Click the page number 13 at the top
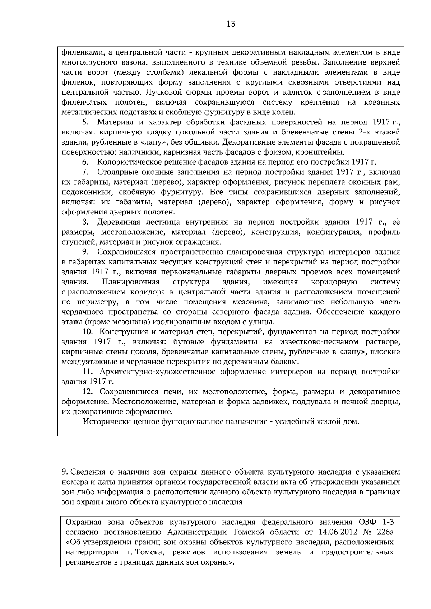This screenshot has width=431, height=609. pos(231,24)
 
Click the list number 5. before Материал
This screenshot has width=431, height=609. pos(85,122)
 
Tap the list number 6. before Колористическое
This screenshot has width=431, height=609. pos(85,162)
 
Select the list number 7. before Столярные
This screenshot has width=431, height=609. pos(85,172)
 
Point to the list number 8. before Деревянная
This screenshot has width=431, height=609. pos(85,222)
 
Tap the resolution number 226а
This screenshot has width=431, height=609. pos(386,532)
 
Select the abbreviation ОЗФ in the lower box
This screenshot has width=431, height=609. pos(367,521)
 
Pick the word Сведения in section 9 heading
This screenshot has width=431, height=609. pos(88,472)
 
